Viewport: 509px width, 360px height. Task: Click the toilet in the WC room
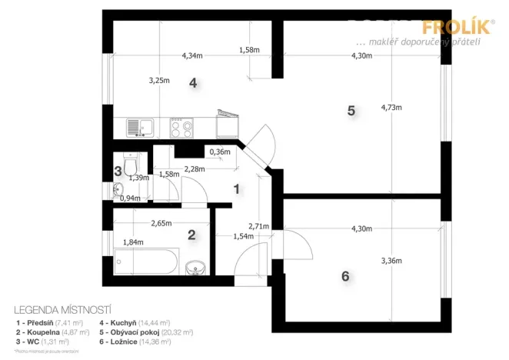pos(133,165)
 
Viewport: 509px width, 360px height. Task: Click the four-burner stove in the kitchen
pos(181,127)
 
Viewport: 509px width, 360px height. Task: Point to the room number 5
pos(351,110)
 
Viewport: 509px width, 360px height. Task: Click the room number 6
pos(345,275)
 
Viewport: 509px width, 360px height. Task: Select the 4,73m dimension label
pos(392,107)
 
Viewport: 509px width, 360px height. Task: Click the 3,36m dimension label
pos(392,261)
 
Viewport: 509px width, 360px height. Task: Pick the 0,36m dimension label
pos(220,152)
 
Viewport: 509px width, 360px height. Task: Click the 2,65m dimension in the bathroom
pos(161,224)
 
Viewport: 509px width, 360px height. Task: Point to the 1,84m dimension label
pos(134,242)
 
